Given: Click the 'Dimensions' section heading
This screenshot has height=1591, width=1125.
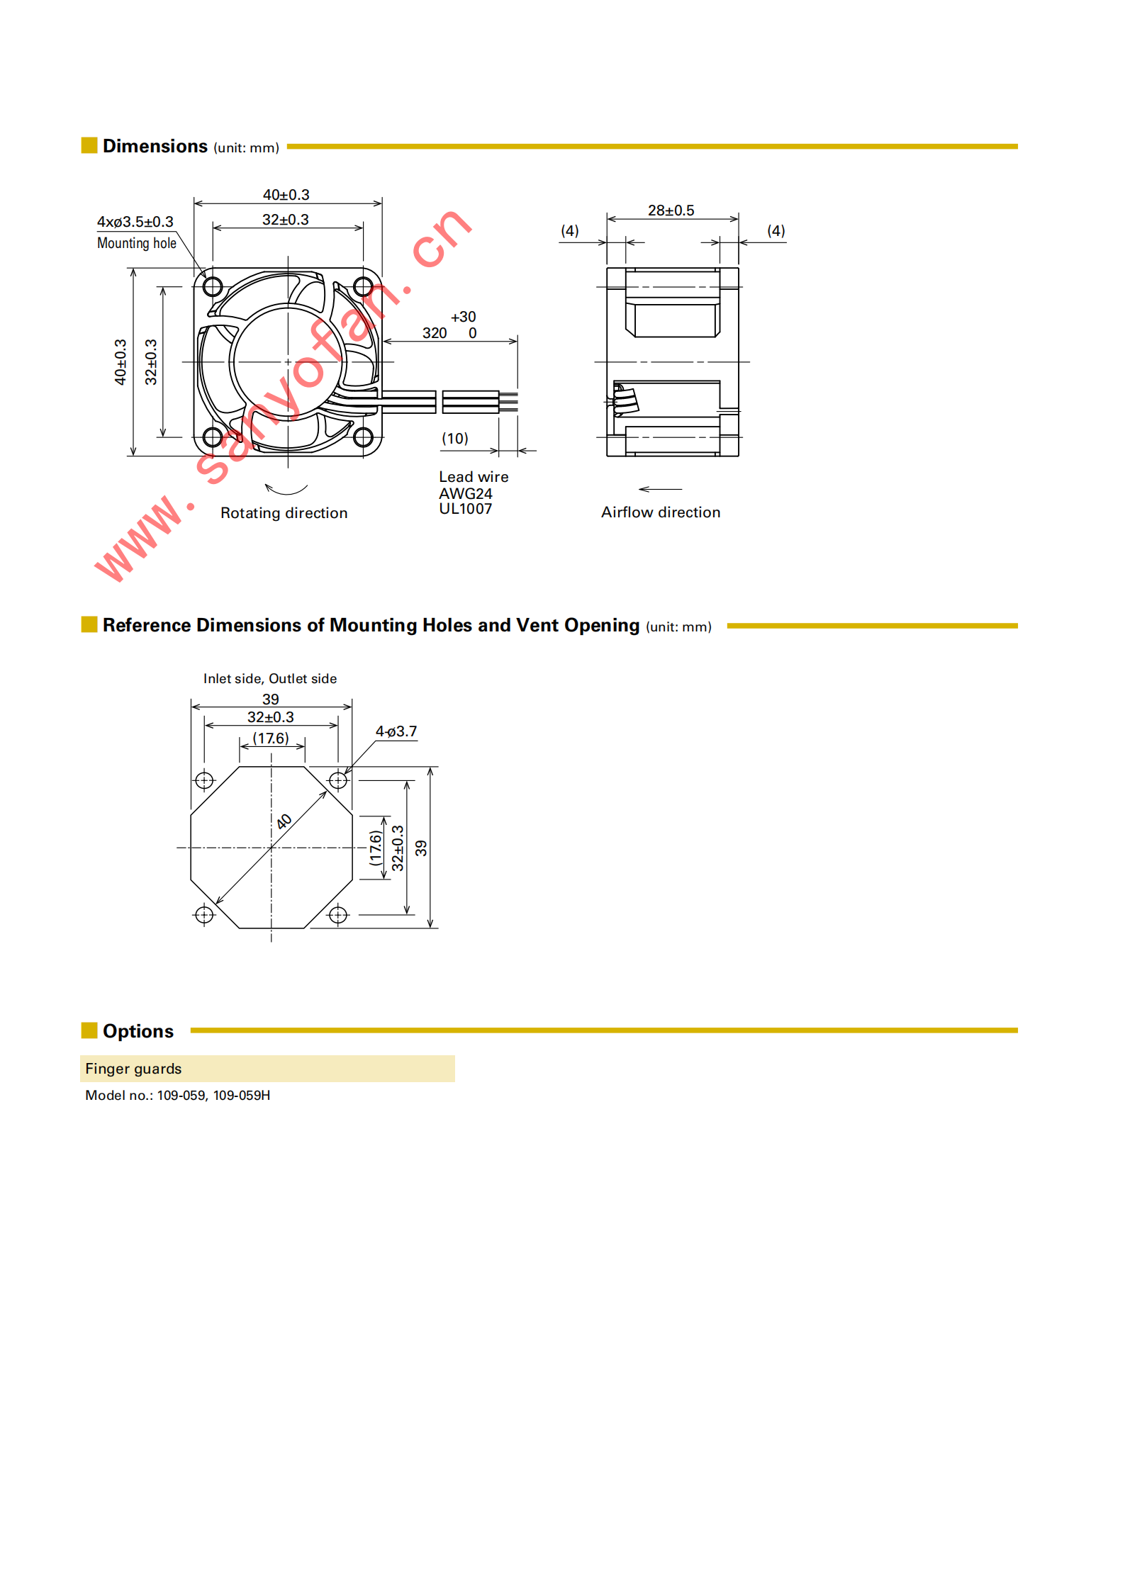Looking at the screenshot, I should [155, 146].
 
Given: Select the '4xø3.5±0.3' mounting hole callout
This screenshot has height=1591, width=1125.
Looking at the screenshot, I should [135, 222].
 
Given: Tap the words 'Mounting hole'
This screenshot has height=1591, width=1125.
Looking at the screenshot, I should [136, 243].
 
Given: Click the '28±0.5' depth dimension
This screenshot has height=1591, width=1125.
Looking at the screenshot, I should [671, 210].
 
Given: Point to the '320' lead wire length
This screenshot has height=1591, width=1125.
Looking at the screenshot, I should [435, 333].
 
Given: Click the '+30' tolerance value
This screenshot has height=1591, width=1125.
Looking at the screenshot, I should [463, 317].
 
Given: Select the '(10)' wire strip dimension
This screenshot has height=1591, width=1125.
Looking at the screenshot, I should [455, 439].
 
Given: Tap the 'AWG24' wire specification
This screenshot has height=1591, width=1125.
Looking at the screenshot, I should [465, 493].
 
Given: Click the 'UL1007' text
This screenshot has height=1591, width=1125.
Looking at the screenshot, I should [465, 509].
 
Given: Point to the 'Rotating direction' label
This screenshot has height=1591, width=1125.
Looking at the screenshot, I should [284, 513].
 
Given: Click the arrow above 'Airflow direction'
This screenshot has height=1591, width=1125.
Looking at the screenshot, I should [660, 489].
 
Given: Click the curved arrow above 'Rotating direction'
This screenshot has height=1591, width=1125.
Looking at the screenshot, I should [286, 489].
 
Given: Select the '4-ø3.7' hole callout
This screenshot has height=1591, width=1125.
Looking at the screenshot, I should [396, 731].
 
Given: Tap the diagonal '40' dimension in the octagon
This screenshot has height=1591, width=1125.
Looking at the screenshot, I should [284, 821].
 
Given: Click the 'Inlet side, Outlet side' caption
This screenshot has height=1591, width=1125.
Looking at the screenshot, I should [270, 678].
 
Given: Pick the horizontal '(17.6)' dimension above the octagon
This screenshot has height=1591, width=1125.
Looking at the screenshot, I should [271, 738].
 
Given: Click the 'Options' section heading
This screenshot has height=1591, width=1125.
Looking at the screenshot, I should [138, 1031].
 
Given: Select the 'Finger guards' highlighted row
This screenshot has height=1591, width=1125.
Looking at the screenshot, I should [267, 1069].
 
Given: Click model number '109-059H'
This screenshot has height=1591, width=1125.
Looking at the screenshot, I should [242, 1095].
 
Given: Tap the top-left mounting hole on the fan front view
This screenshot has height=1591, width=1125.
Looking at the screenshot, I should [213, 286].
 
